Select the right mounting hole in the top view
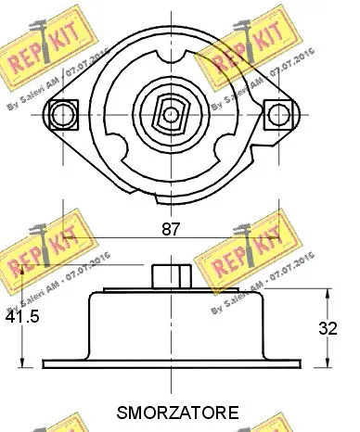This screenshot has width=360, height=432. (x=277, y=114)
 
